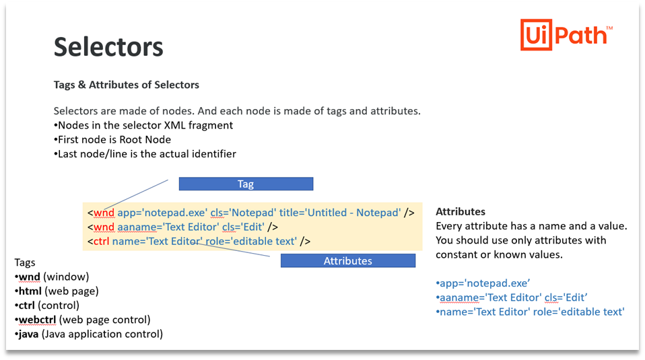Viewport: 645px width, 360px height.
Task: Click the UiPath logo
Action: click(566, 34)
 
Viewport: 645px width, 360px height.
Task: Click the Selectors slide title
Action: click(108, 47)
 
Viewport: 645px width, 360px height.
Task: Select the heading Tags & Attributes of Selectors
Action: click(127, 85)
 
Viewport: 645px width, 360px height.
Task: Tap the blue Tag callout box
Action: click(246, 184)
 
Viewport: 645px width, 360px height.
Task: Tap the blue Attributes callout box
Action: click(347, 260)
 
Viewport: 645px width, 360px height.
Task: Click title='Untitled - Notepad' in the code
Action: click(353, 213)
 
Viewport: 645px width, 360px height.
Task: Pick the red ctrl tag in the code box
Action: click(101, 241)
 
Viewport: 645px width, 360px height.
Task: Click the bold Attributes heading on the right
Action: click(461, 211)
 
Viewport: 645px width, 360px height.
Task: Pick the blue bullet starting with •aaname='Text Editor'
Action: click(511, 297)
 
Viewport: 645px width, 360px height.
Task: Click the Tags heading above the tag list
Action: click(25, 262)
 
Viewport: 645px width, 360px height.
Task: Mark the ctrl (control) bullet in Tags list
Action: click(48, 305)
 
